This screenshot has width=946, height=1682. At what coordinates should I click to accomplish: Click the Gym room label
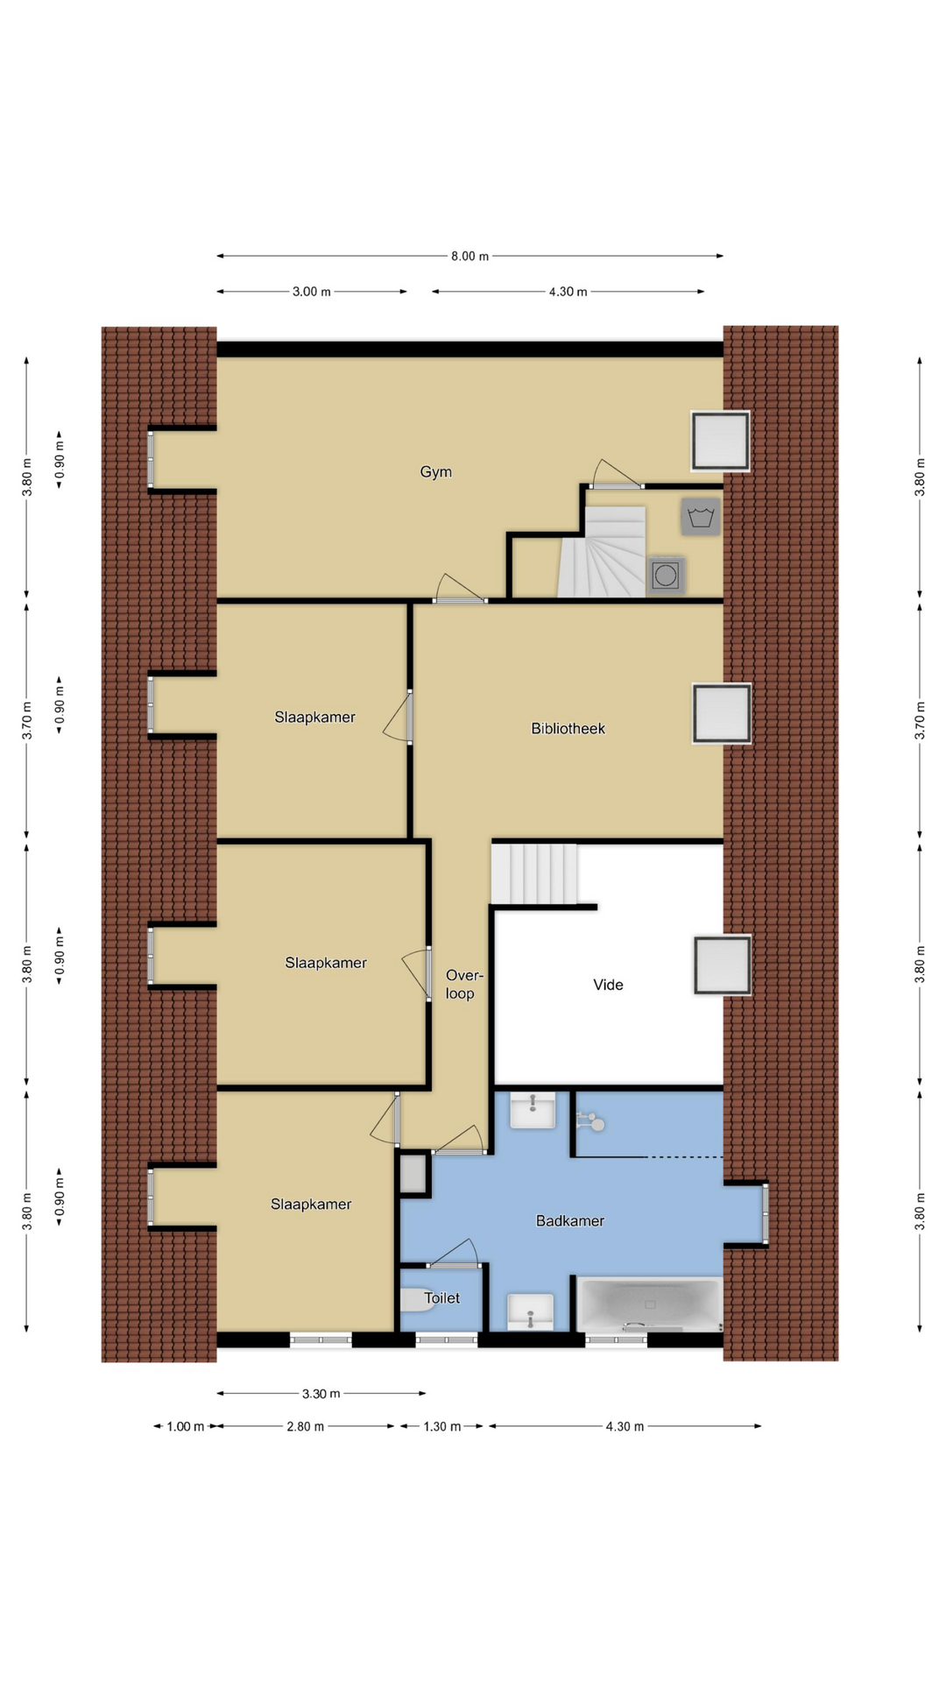click(435, 472)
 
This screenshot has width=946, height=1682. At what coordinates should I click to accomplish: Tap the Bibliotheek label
click(568, 728)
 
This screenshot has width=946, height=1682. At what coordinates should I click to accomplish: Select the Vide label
click(608, 985)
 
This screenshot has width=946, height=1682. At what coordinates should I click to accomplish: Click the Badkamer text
click(570, 1220)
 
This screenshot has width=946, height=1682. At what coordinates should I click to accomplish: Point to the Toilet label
click(442, 1298)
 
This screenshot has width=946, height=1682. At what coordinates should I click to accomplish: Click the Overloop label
click(462, 984)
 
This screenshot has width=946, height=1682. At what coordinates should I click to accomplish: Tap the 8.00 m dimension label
click(469, 256)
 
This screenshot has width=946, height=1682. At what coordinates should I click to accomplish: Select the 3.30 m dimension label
click(321, 1394)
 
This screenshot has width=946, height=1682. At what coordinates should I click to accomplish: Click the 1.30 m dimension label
click(441, 1426)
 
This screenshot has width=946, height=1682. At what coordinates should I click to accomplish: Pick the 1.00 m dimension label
click(185, 1426)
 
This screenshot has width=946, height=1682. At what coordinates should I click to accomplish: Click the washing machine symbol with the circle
click(666, 576)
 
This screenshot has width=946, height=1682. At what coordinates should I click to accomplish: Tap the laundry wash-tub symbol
click(701, 517)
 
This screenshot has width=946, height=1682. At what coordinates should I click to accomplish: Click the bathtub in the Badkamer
click(650, 1305)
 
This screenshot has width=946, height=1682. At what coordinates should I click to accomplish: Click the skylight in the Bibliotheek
click(722, 713)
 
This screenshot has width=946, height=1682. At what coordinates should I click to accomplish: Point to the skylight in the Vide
click(723, 965)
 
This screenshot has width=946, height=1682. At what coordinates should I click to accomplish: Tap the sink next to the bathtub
click(531, 1311)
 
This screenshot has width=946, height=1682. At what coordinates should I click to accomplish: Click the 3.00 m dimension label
click(312, 292)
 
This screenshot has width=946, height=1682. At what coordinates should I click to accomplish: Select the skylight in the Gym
click(721, 441)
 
